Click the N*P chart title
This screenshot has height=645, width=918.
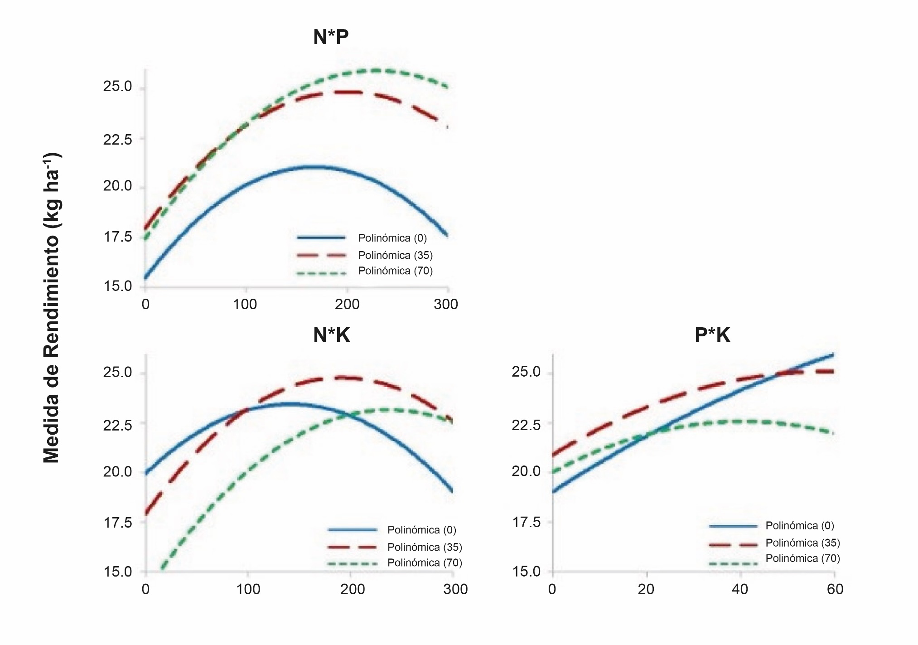pyautogui.click(x=331, y=37)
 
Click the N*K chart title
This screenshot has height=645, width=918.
pyautogui.click(x=331, y=335)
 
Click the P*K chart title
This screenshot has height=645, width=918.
pyautogui.click(x=712, y=335)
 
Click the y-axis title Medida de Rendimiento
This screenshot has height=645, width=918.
pyautogui.click(x=52, y=308)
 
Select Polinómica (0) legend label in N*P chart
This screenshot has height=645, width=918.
pyautogui.click(x=392, y=238)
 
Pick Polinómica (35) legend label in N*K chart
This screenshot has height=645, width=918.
pyautogui.click(x=425, y=547)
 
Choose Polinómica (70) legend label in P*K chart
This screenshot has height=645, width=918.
pyautogui.click(x=802, y=558)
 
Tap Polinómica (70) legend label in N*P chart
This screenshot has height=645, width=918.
pyautogui.click(x=395, y=271)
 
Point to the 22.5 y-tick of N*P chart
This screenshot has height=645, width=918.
pyautogui.click(x=117, y=140)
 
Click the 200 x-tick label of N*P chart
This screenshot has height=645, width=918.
pyautogui.click(x=347, y=304)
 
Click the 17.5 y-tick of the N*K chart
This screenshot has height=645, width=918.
pyautogui.click(x=117, y=523)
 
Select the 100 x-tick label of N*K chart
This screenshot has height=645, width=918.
pyautogui.click(x=248, y=589)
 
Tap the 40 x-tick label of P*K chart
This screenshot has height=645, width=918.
pyautogui.click(x=740, y=589)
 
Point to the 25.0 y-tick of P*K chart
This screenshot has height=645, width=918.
pyautogui.click(x=526, y=372)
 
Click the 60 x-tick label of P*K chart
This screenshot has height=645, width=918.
pyautogui.click(x=835, y=589)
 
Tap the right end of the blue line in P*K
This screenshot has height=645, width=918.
pyautogui.click(x=833, y=354)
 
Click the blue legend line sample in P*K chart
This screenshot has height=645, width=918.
pyautogui.click(x=733, y=526)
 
